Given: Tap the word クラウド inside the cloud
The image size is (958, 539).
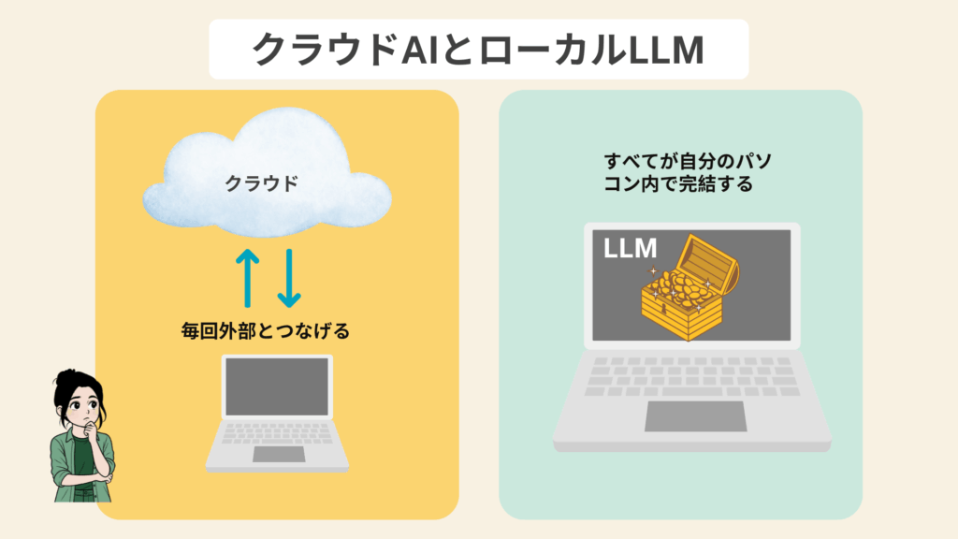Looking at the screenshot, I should pyautogui.click(x=261, y=183).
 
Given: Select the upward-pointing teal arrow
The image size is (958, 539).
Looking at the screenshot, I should pyautogui.click(x=247, y=278).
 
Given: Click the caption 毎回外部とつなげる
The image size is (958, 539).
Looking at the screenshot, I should pyautogui.click(x=265, y=331).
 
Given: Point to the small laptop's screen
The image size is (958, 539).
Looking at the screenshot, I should pyautogui.click(x=277, y=386).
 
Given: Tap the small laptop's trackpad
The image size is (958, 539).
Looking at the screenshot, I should pyautogui.click(x=278, y=454).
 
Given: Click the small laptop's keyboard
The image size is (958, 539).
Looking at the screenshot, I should pyautogui.click(x=278, y=433).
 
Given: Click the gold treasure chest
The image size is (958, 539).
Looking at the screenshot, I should pyautogui.click(x=683, y=295).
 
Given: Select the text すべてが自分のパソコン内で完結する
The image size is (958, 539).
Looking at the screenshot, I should pyautogui.click(x=678, y=172).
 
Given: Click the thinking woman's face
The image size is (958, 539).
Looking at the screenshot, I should pyautogui.click(x=79, y=404).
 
